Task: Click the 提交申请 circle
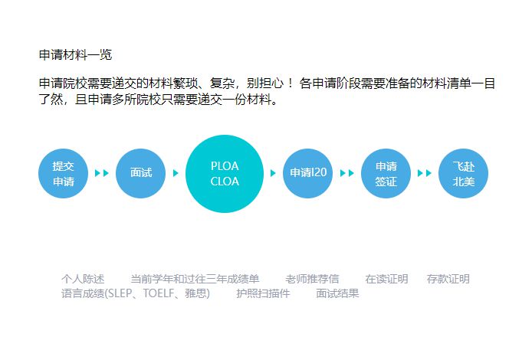(x=64, y=173)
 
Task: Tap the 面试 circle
(x=141, y=173)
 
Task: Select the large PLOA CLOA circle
(x=225, y=173)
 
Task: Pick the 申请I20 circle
(x=308, y=173)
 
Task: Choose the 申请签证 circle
(x=386, y=173)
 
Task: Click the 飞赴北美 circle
(x=463, y=173)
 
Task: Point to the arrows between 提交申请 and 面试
(x=102, y=173)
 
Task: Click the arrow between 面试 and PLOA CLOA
(x=176, y=173)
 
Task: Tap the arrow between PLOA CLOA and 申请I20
(x=273, y=173)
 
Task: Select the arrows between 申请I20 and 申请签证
(x=346, y=173)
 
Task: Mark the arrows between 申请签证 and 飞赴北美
(x=424, y=173)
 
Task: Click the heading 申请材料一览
(x=75, y=54)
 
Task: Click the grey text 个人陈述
(x=83, y=279)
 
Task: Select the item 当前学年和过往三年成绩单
(x=195, y=279)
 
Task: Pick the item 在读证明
(x=386, y=279)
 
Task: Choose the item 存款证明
(x=448, y=279)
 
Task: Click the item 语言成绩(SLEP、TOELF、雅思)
(x=136, y=293)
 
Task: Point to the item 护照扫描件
(x=263, y=293)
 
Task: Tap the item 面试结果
(x=337, y=293)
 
